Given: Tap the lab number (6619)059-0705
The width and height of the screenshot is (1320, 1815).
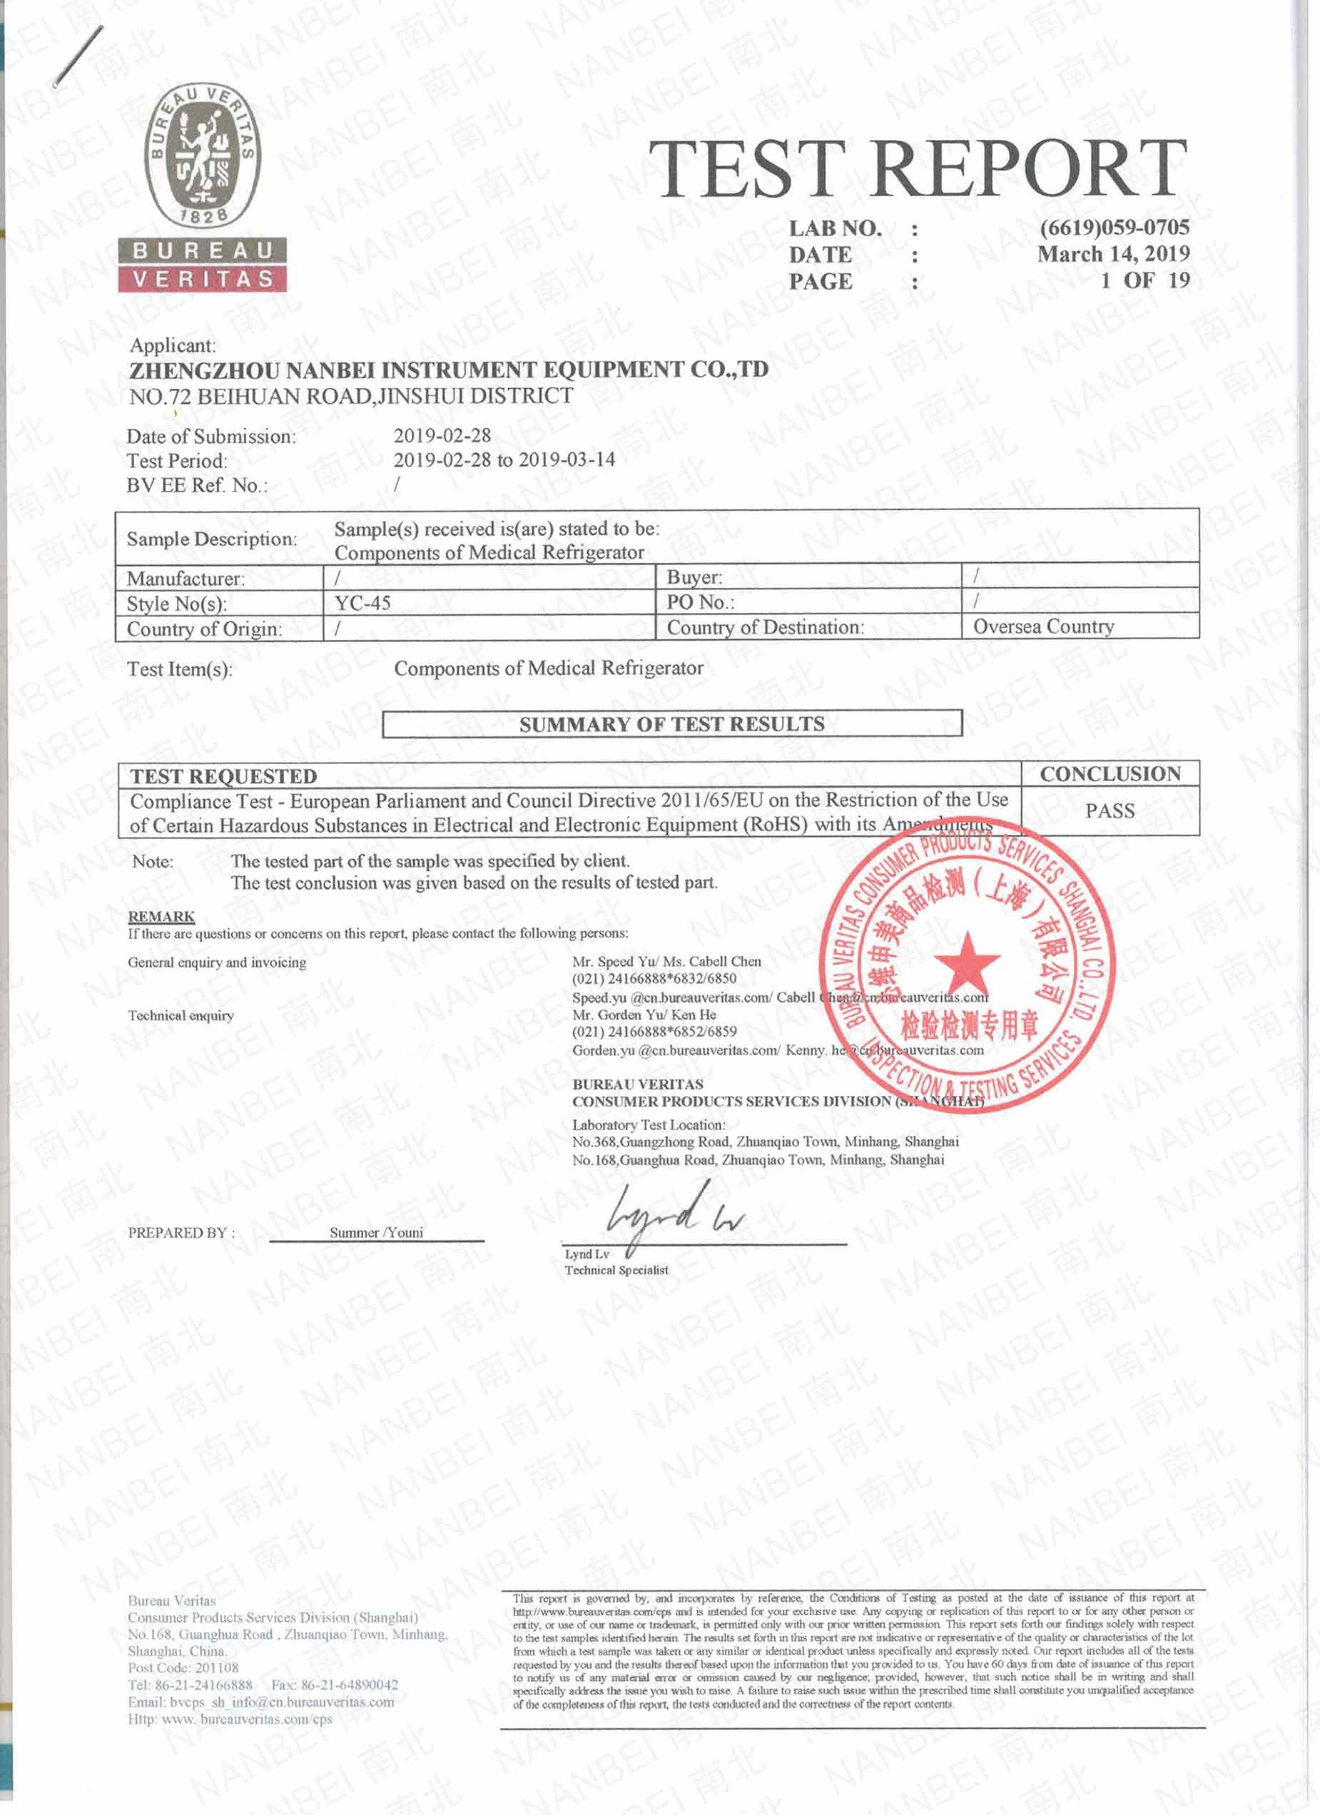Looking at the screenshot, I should (x=1115, y=228).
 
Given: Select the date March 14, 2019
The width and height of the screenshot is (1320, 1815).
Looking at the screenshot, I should (x=1114, y=254).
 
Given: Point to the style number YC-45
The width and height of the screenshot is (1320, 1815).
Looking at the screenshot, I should (x=362, y=603).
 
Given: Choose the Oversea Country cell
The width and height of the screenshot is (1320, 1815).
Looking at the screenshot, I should (x=1043, y=626).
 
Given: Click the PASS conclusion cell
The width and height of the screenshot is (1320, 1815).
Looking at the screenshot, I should (x=1110, y=810).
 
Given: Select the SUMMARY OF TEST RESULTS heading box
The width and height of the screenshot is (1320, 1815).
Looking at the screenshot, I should (x=671, y=723).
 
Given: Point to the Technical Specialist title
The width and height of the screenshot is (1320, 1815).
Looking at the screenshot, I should (x=616, y=1270).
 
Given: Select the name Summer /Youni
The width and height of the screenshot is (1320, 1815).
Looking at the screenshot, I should (x=376, y=1232).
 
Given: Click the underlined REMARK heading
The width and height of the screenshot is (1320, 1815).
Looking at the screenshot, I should (x=161, y=916).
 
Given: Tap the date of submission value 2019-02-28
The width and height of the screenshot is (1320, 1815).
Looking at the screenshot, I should (x=442, y=435).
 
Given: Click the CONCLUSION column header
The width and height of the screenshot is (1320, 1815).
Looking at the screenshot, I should (x=1110, y=773).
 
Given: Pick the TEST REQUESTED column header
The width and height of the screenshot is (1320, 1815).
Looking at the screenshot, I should (x=224, y=776).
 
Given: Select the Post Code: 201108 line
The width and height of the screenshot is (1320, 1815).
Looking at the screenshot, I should (x=183, y=1668).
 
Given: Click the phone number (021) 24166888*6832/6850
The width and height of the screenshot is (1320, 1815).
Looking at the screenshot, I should (x=654, y=978).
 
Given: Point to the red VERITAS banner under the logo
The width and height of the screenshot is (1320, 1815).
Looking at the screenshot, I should (x=203, y=278).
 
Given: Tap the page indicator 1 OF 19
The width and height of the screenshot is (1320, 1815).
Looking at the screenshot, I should (x=1144, y=280).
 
